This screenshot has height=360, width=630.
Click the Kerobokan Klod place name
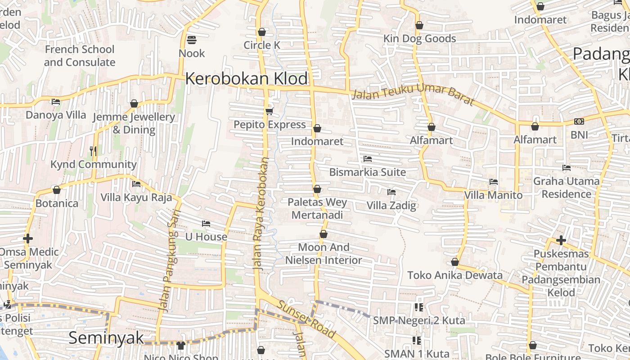[x=247, y=79]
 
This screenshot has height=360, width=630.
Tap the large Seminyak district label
[x=106, y=338]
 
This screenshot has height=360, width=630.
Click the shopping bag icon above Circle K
[x=262, y=32]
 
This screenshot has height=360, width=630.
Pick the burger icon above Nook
[x=192, y=40]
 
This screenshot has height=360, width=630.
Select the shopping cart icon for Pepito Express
[x=269, y=111]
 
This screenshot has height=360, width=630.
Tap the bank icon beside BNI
[x=579, y=121]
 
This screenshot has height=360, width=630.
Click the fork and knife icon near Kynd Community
[x=93, y=151]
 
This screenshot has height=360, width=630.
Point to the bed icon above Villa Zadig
[x=391, y=192]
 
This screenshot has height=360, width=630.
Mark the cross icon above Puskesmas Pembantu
[x=561, y=240]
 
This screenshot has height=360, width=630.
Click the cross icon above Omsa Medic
[x=28, y=238]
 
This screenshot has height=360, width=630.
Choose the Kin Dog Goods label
[x=419, y=39]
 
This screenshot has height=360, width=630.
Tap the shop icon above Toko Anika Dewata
[x=455, y=262]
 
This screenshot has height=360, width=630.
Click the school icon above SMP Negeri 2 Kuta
[x=418, y=307]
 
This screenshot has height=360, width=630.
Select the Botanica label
[x=57, y=203]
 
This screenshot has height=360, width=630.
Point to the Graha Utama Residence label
[x=566, y=188]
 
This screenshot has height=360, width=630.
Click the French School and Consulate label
[x=80, y=56]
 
